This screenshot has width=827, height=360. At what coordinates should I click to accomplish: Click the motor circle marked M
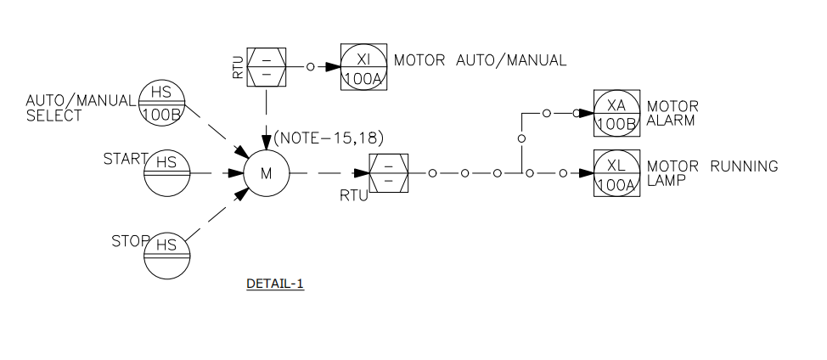coord(267,173)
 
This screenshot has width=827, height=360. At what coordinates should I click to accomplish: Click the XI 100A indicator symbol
coord(364,65)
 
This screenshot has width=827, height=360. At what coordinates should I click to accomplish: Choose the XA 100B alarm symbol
coord(616,112)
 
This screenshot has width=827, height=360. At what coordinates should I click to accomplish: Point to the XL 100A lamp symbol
coord(616,173)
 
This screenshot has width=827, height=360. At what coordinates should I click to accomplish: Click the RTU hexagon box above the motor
coord(267,65)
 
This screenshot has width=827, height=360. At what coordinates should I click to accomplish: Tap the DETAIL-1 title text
coord(275,284)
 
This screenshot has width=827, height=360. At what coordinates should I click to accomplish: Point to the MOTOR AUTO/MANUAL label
coord(480,60)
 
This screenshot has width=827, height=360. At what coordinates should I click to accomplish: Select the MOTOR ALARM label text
coord(672,113)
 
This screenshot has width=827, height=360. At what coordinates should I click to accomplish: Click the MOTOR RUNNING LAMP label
coord(712,172)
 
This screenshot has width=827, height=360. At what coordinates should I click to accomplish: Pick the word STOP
coord(128,241)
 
